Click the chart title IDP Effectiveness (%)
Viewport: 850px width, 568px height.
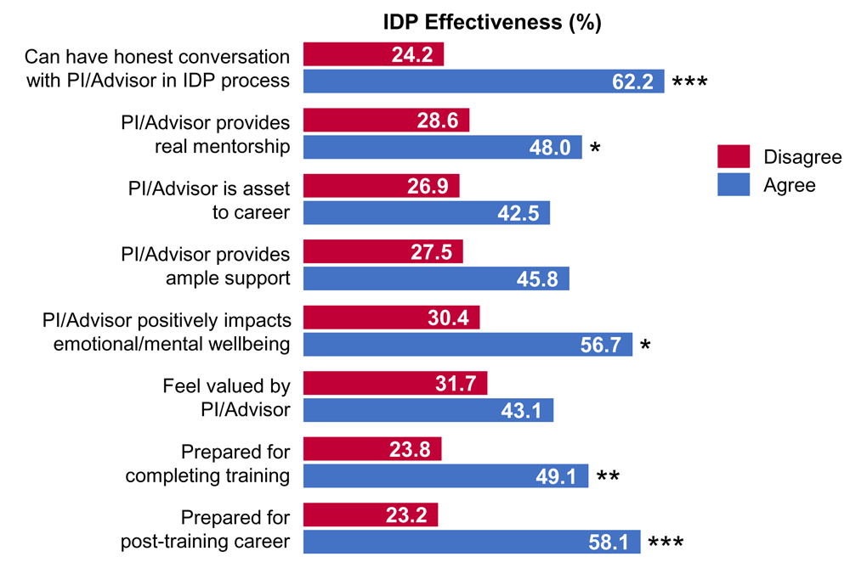[x=492, y=23]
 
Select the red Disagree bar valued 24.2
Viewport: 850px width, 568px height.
[x=373, y=55]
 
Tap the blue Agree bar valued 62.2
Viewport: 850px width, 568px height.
[x=484, y=82]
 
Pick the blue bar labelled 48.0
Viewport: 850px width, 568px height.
[x=442, y=147]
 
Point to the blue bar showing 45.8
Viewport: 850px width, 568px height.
[x=436, y=278]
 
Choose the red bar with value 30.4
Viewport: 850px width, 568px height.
[x=391, y=318]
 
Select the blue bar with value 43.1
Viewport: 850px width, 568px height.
[x=428, y=410]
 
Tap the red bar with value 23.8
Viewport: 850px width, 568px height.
[x=372, y=449]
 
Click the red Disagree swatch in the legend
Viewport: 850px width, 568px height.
[x=734, y=157]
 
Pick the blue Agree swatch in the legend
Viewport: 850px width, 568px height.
[x=734, y=185]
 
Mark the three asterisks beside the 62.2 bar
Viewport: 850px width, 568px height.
[x=689, y=83]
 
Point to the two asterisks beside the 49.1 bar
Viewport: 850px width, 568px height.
[x=607, y=476]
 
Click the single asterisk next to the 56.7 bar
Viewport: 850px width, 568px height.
[x=644, y=346]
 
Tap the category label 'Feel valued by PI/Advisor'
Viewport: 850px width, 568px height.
[x=226, y=398]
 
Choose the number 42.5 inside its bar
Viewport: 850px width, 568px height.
[x=518, y=213]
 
